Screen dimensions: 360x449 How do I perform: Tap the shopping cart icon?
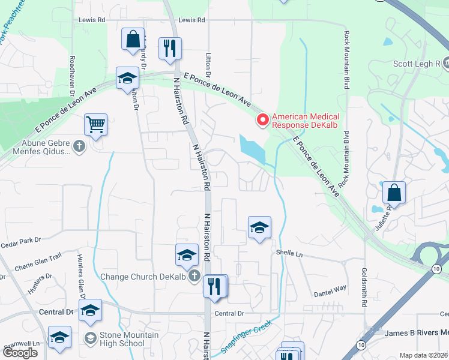pos(95,125)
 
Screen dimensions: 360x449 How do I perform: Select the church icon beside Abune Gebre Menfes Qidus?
pos(79,146)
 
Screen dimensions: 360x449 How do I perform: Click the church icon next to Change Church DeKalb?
pos(193,277)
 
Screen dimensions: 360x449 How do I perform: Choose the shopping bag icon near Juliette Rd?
pos(394,193)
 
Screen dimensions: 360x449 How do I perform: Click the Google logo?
pos(20,353)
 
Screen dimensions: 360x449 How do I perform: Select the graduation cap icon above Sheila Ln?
pos(259,227)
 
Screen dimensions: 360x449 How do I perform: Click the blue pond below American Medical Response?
pos(252,148)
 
